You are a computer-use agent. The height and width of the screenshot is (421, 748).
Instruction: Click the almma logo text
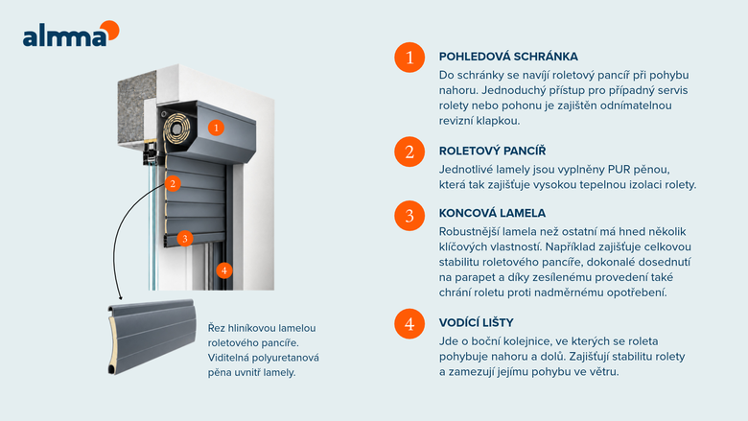coord(65,37)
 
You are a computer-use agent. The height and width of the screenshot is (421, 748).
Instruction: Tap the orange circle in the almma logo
coord(110,30)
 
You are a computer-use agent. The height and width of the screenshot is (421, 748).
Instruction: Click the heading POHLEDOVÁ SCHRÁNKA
coord(508,57)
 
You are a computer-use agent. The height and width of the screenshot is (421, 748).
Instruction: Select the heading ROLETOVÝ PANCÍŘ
coord(492,151)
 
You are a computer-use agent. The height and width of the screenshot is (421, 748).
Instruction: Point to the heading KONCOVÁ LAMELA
coord(492,213)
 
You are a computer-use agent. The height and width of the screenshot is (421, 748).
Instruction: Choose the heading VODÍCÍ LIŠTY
coord(476,322)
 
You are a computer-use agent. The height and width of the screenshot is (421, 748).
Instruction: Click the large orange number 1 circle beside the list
coord(409,58)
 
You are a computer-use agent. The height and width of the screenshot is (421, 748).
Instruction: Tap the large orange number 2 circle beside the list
coord(409,152)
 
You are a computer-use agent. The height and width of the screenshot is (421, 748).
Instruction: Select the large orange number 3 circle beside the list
coord(409,216)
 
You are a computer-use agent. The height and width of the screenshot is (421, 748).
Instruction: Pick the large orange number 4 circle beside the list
coord(409,324)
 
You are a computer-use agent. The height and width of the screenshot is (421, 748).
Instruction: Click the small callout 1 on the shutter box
coord(216,128)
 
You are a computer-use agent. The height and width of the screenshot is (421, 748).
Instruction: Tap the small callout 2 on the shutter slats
coord(173,183)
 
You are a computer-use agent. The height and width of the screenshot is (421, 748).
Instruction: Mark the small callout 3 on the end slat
coord(185,239)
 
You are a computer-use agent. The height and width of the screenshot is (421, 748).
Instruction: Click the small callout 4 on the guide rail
coord(223,270)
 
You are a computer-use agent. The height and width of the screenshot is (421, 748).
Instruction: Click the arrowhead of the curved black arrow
coord(120,297)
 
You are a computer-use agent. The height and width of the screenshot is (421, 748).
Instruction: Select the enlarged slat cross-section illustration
coord(152,337)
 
